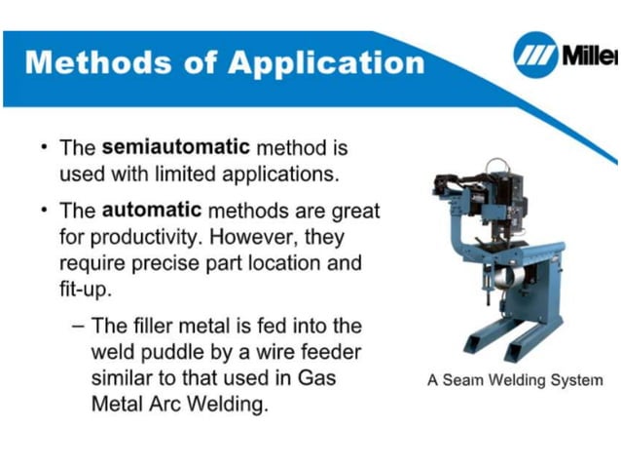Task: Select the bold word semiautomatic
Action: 176,149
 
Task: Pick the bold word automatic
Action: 151,211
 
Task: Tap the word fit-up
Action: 85,290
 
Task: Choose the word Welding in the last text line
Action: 221,404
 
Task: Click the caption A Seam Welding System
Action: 515,380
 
